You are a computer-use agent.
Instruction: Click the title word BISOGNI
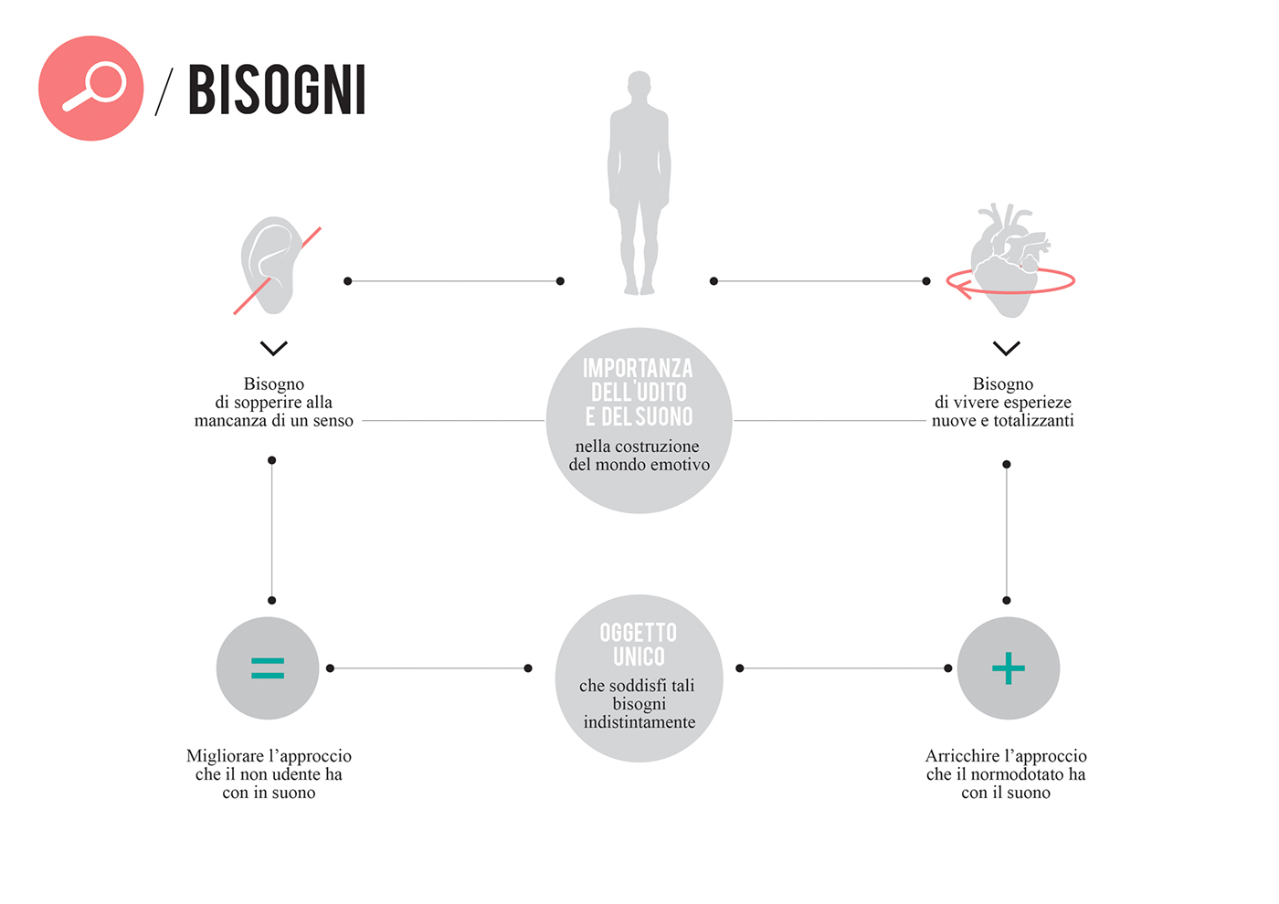[277, 89]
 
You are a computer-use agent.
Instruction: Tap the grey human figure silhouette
[639, 183]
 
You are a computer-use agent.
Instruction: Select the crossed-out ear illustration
[272, 265]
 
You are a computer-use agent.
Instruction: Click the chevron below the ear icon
[273, 348]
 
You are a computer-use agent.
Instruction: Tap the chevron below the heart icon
[1006, 348]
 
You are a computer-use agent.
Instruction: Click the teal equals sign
[268, 668]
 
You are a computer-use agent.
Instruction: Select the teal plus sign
[1009, 668]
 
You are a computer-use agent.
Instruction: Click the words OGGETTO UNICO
[639, 645]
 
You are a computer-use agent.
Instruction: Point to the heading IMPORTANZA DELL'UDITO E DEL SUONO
[639, 393]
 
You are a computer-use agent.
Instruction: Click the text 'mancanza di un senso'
[274, 421]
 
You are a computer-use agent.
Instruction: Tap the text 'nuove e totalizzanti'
[1002, 421]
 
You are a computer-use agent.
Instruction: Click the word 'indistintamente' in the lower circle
[639, 722]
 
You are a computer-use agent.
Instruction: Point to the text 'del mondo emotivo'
[639, 465]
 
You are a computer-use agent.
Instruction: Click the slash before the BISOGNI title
[164, 90]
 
